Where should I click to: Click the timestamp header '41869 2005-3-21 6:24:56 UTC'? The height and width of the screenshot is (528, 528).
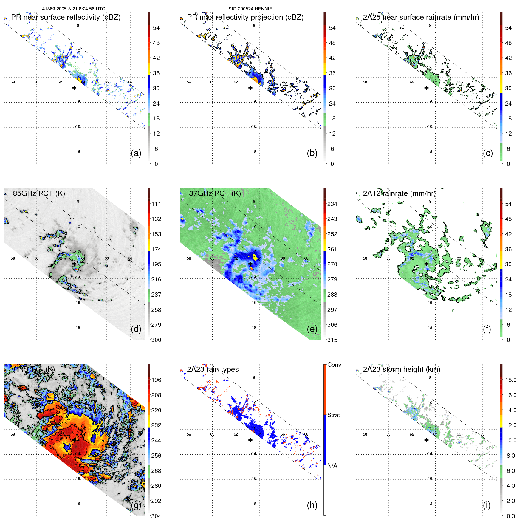[73, 9]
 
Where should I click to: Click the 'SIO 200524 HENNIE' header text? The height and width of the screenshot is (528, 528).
[250, 9]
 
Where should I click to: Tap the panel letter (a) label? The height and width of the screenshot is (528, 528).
[136, 153]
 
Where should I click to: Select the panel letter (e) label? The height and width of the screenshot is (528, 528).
[312, 329]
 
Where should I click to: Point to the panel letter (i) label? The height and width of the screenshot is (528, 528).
[487, 505]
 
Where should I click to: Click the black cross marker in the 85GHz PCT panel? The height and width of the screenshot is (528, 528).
[74, 264]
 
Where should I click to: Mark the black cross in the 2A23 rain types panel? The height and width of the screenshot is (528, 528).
[250, 440]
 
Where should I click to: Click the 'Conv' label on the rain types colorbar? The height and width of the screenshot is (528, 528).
[334, 365]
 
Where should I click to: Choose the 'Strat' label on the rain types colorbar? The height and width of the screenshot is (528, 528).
[333, 415]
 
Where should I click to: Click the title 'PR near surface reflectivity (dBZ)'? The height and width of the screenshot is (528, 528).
[66, 17]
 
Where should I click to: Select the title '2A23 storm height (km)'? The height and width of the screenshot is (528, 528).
[401, 369]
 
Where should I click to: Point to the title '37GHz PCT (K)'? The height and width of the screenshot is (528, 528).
[215, 193]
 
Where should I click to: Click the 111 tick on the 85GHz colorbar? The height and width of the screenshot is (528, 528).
[156, 204]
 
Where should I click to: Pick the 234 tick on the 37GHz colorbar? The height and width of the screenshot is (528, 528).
[332, 204]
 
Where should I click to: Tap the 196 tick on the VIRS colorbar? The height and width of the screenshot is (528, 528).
[156, 380]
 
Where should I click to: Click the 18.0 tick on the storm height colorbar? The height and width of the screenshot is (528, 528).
[510, 380]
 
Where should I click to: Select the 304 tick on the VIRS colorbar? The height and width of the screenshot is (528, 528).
[156, 516]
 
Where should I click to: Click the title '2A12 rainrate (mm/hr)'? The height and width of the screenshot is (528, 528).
[399, 193]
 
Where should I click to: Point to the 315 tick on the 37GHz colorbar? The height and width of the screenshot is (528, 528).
[332, 340]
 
